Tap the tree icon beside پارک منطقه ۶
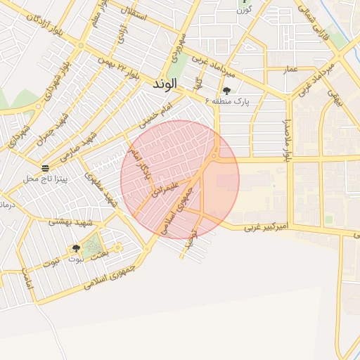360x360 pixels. pos(226,91)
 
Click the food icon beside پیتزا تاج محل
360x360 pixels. pos(46,168)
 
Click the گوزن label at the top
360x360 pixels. pos(243,10)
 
